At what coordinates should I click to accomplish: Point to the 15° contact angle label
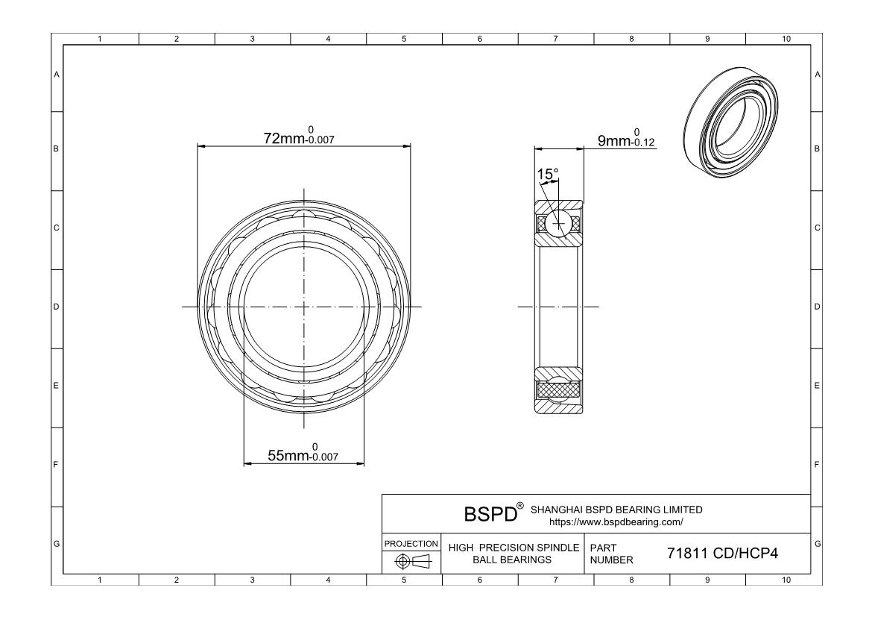coord(548,175)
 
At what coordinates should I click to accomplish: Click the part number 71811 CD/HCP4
coord(721,554)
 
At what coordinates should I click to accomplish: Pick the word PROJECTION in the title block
coord(411,544)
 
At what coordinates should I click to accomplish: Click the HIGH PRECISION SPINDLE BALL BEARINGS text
coord(514,554)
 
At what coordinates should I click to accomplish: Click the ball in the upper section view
coord(558,223)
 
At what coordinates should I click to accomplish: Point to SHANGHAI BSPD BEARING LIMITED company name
coord(616,510)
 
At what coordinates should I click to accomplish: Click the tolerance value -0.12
coord(644,143)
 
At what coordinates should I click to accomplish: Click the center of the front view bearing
coord(304,307)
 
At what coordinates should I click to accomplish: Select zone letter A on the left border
coord(56,75)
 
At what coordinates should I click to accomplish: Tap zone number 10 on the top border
coord(784,39)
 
